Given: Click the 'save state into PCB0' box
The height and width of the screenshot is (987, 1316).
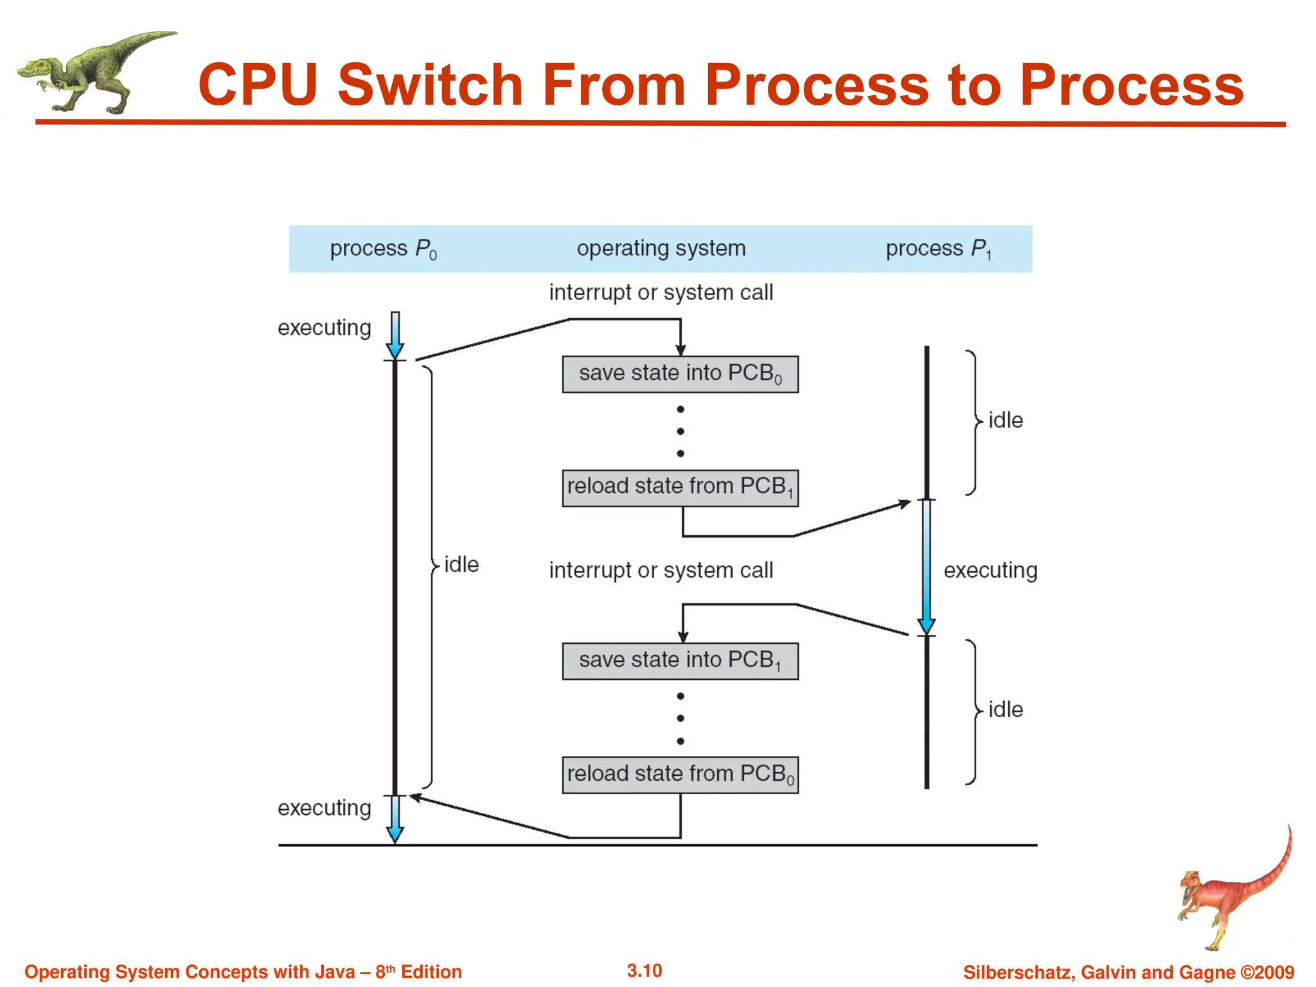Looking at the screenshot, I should pos(680,374).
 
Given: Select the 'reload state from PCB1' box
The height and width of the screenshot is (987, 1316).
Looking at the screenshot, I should pos(680,488).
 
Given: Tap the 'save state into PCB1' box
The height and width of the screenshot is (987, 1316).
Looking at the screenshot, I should pos(680,661).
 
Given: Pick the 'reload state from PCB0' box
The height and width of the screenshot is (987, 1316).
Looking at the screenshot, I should pos(680,774).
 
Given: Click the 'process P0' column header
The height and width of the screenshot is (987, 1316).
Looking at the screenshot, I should pos(383,249).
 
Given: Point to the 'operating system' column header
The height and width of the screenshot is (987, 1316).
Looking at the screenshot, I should pos(661,249).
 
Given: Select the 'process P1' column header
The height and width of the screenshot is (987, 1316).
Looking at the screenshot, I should pos(938,249).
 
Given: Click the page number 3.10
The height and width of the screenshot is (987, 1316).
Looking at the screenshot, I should pos(644,970).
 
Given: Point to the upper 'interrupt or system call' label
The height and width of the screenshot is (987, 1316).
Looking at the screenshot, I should pos(661,292).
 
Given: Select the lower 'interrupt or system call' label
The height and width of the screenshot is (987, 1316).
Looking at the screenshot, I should pos(661,570).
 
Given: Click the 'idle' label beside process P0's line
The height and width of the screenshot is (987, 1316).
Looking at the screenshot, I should pos(461,565).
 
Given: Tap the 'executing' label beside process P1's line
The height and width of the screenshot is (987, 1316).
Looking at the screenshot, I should pos(990,570).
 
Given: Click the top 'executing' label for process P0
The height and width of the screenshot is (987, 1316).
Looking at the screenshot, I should pos(324,328).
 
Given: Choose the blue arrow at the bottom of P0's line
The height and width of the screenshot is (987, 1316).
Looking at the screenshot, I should pos(395,821).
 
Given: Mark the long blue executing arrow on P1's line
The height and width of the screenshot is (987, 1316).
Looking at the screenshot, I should pos(926,565).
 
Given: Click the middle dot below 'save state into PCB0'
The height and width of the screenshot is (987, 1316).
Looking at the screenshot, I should pos(680,431).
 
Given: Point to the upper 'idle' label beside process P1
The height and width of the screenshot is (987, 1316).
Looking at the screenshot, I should pos(1005,420).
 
